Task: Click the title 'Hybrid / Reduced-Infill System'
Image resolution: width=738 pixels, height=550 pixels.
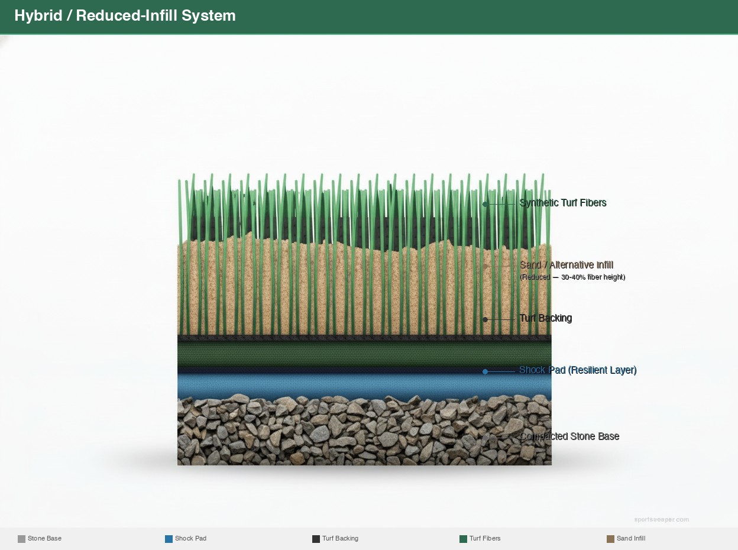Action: tap(125, 16)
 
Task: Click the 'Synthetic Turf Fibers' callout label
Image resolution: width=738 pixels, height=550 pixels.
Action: tap(562, 203)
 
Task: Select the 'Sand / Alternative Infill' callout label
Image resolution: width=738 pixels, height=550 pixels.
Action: tap(566, 265)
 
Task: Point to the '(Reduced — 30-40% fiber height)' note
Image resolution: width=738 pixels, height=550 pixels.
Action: tap(572, 277)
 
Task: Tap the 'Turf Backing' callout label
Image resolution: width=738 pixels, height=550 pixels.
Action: tap(545, 318)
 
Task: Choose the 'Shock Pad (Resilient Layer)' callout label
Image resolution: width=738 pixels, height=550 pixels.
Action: tap(577, 370)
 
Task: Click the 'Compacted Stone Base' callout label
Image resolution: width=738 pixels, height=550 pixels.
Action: tap(569, 436)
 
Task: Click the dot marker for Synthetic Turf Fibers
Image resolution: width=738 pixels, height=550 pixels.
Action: tap(485, 204)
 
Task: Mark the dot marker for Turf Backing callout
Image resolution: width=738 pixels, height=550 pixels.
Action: tap(485, 319)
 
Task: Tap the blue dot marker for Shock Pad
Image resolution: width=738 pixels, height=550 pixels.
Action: tap(485, 371)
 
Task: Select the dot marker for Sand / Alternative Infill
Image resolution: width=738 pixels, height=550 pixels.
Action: tap(485, 266)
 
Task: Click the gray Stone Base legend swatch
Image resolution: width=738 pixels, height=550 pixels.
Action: tap(21, 539)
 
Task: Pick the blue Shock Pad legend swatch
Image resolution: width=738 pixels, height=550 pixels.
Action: tap(169, 539)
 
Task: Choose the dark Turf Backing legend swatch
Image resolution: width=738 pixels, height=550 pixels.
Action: tap(316, 539)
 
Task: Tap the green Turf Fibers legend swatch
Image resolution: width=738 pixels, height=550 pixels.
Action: tap(463, 539)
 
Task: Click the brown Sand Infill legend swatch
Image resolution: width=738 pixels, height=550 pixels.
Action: tap(610, 539)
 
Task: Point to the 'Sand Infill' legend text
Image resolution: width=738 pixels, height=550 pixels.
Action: tap(630, 539)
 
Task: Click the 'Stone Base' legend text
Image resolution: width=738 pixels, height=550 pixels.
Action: tap(44, 539)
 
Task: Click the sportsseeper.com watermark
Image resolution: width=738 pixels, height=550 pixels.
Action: tap(661, 520)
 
